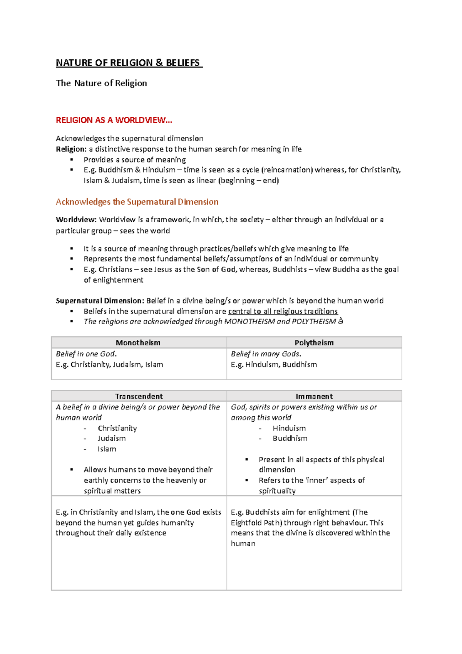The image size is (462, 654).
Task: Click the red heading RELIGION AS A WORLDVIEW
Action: point(114,120)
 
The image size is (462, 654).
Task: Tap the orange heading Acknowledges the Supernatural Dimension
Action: point(137,202)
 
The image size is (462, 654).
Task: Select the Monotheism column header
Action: point(138,342)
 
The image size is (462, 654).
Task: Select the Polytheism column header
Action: point(314,342)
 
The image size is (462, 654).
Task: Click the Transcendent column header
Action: point(139,396)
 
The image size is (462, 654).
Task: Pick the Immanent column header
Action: point(314,396)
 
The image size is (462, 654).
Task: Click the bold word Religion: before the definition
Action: point(71,149)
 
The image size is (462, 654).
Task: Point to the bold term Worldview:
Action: point(76,220)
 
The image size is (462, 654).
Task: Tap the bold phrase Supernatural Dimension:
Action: point(100,300)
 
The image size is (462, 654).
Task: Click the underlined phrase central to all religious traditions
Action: point(283,311)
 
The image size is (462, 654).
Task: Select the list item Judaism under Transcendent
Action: point(112,438)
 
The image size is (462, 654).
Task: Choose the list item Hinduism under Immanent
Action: point(289,428)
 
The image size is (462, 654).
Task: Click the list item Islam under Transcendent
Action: point(107,449)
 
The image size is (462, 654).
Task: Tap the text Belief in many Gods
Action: point(266,354)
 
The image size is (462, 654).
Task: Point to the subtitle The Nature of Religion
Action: point(101,83)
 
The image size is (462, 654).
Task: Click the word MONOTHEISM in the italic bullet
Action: point(249,321)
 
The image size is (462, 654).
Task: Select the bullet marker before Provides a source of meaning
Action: point(72,159)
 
